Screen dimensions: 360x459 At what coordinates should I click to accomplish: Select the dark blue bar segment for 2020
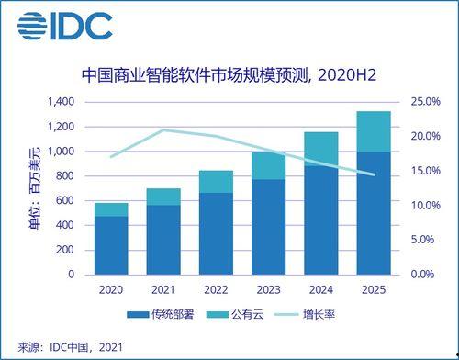[111, 245]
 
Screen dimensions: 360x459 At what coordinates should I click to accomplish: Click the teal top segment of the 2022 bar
[216, 181]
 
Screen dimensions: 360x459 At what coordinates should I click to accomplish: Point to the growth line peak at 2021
[163, 130]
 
